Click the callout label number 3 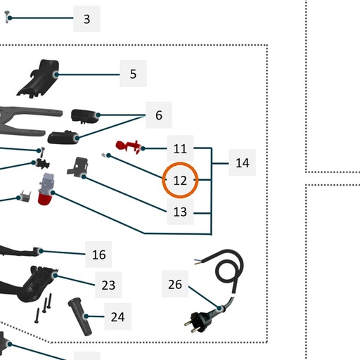point(86,19)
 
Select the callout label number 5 point(133,74)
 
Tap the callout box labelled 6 point(159,115)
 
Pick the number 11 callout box point(180,148)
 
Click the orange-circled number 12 point(180,180)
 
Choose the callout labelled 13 point(180,212)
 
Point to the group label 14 point(242,162)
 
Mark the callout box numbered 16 point(98,255)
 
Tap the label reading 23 point(108,285)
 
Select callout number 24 point(117,316)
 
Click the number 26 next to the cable point(175,284)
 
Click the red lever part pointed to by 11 point(129,146)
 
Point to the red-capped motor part point(46,189)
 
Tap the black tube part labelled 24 point(80,316)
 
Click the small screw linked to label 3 point(7,17)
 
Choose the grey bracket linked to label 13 point(77,167)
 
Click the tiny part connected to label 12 point(103,155)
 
